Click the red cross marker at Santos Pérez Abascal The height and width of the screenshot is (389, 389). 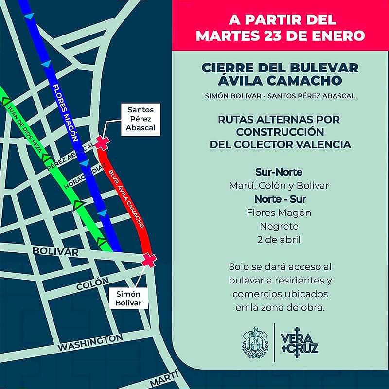click(102, 142)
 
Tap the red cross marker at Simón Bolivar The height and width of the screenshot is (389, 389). click(149, 260)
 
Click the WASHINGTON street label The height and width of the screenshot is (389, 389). click(90, 342)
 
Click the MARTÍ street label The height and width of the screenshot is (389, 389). click(164, 378)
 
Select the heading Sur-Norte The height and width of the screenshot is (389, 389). click(279, 172)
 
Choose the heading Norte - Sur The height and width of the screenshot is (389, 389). click(279, 199)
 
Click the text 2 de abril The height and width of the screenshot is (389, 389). click(279, 239)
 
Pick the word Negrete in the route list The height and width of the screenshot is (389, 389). click(279, 226)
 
